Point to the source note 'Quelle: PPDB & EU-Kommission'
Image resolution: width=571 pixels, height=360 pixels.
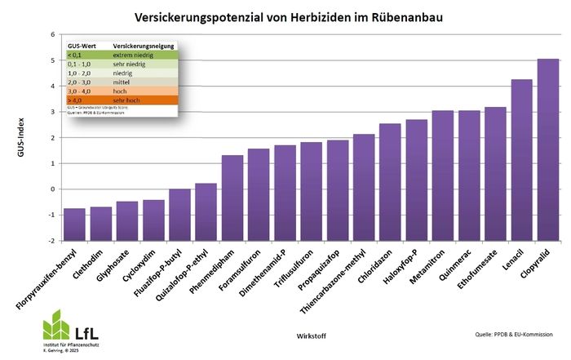coord(512,334)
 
